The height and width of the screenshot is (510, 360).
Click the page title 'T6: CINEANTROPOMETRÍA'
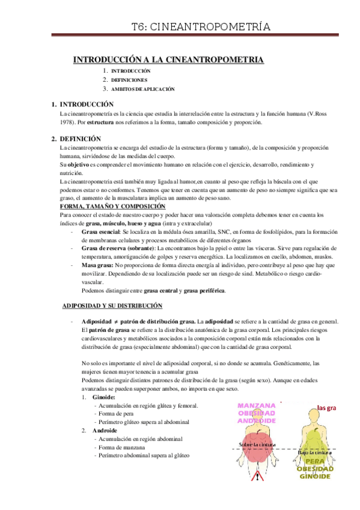(x=201, y=26)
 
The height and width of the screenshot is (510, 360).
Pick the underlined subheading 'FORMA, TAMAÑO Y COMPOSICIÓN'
(x=112, y=206)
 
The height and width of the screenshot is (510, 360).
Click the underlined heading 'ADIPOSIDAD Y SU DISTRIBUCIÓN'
(x=112, y=306)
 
